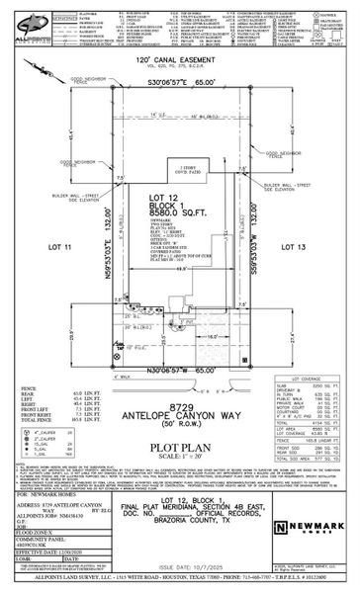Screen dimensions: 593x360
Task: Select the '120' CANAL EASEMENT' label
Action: click(176, 61)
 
